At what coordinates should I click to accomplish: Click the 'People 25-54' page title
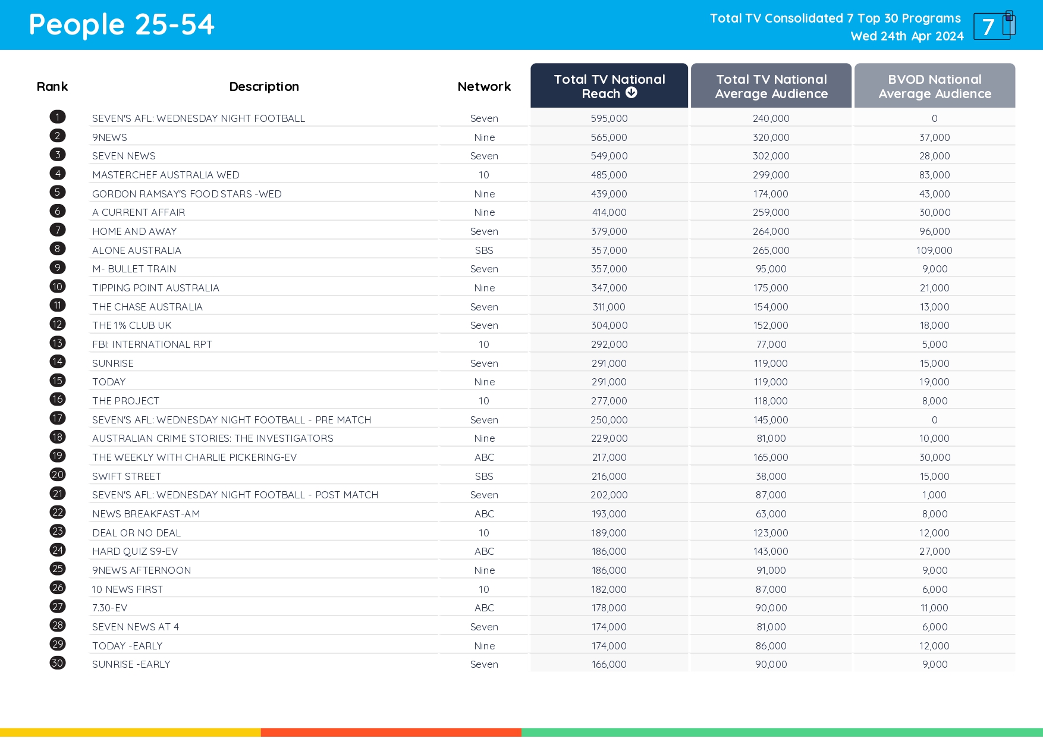[x=121, y=25]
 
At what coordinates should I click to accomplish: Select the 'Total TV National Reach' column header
[x=609, y=86]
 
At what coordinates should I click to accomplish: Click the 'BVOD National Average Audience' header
[x=934, y=86]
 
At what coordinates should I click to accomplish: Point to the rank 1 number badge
[x=58, y=117]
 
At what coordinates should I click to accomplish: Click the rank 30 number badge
[x=58, y=663]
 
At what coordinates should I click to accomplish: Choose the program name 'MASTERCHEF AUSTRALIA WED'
[x=166, y=175]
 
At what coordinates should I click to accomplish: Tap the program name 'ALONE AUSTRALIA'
[x=137, y=250]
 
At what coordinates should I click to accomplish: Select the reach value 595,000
[x=609, y=118]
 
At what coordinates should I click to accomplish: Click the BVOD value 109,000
[x=934, y=250]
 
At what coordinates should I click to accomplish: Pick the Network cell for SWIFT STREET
[x=484, y=476]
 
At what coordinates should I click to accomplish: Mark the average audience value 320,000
[x=771, y=137]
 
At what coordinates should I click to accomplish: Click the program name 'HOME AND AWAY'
[x=134, y=231]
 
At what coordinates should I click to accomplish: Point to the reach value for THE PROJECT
[x=609, y=401]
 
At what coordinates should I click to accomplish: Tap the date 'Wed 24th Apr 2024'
[x=907, y=36]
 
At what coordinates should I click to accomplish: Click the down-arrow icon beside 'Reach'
[x=632, y=93]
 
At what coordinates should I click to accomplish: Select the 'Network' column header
[x=484, y=87]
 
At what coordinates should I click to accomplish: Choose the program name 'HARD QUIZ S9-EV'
[x=135, y=551]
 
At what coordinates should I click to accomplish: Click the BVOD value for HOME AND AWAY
[x=934, y=231]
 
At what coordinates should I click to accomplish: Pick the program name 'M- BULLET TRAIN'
[x=134, y=269]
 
